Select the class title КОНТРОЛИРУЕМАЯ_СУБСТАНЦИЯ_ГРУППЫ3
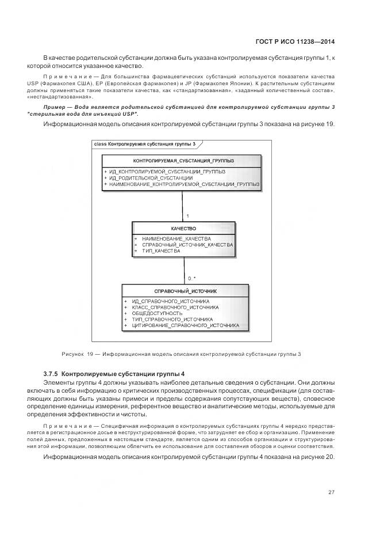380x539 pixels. pyautogui.click(x=183, y=160)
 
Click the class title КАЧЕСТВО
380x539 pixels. pyautogui.click(x=183, y=229)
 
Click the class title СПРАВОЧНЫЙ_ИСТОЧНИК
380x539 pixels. pyautogui.click(x=185, y=291)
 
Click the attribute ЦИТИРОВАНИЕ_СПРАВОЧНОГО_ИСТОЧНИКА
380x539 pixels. pyautogui.click(x=185, y=325)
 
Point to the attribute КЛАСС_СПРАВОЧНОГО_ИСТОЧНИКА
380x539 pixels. pyautogui.click(x=175, y=307)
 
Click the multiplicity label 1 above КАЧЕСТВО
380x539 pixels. pyautogui.click(x=187, y=216)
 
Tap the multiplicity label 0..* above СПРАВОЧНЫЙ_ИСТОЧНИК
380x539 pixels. pyautogui.click(x=191, y=278)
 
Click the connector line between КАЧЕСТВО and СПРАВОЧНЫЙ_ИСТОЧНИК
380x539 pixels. pyautogui.click(x=184, y=271)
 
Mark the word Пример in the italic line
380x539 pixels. pyautogui.click(x=55, y=107)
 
